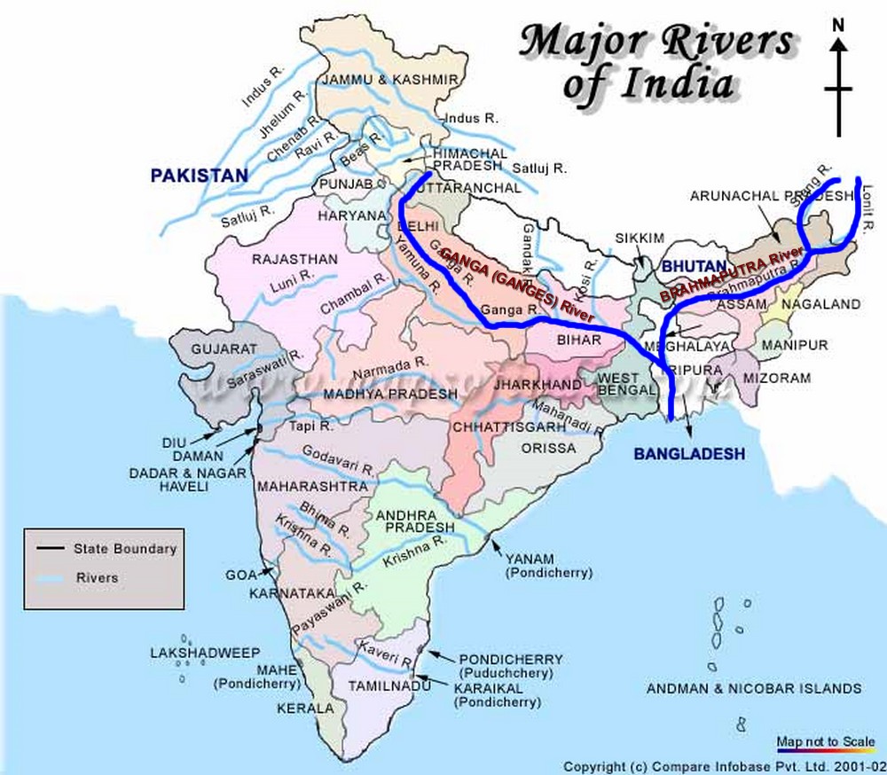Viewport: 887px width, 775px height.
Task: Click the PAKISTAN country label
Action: point(199,176)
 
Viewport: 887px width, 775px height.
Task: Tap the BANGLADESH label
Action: point(688,454)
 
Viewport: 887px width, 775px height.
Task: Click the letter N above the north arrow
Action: point(837,25)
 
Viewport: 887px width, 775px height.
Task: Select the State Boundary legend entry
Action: point(125,549)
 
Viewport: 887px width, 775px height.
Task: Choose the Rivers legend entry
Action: point(97,577)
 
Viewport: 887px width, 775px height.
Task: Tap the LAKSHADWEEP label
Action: point(205,654)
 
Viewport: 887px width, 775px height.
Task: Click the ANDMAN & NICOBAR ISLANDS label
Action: point(753,688)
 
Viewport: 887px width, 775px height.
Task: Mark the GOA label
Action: point(240,575)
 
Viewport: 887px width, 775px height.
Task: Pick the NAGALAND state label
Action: point(820,304)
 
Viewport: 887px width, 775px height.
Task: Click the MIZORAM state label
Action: point(778,378)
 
